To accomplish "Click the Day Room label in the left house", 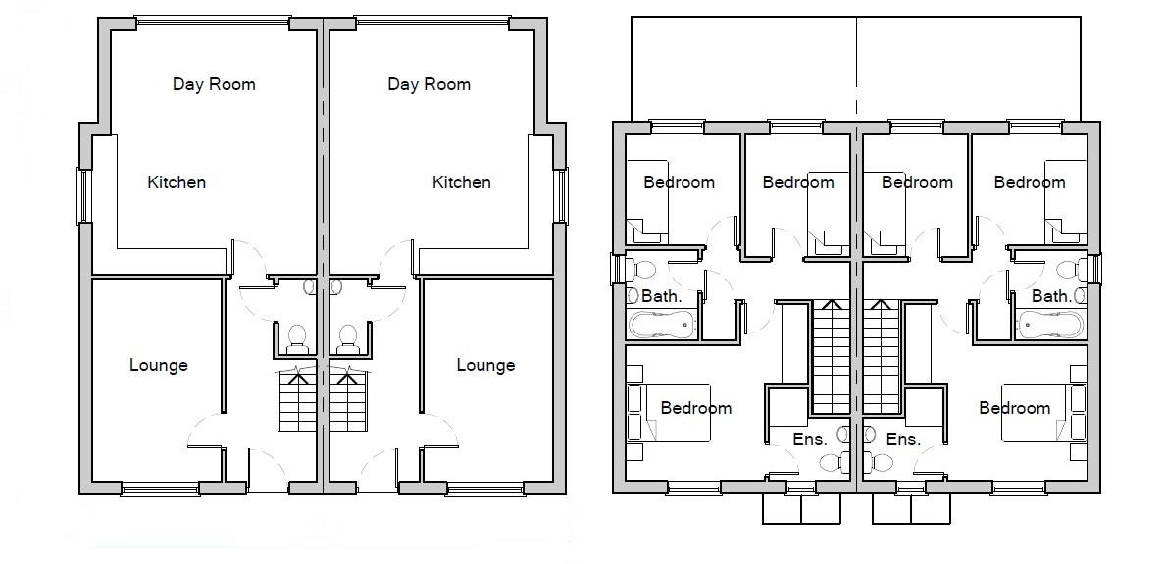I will pyautogui.click(x=214, y=84).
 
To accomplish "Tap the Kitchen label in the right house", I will pyautogui.click(x=461, y=182).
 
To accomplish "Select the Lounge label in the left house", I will pyautogui.click(x=158, y=365).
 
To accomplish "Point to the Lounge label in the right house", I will pyautogui.click(x=485, y=365).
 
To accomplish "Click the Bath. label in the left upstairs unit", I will pyautogui.click(x=660, y=295).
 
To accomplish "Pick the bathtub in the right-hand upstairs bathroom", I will pyautogui.click(x=1049, y=325).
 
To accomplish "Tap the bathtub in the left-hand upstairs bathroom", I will pyautogui.click(x=662, y=325).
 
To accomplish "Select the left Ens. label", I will pyautogui.click(x=809, y=439).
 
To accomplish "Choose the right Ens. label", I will pyautogui.click(x=902, y=439).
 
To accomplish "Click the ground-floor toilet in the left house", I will pyautogui.click(x=297, y=338).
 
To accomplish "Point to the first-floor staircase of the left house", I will pyautogui.click(x=831, y=357).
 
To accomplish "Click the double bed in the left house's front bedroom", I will pyautogui.click(x=677, y=412).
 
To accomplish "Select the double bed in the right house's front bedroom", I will pyautogui.click(x=1035, y=412).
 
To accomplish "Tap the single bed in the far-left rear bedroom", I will pyautogui.click(x=647, y=201).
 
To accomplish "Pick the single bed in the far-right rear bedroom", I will pyautogui.click(x=1065, y=201).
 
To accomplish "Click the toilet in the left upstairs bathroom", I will pyautogui.click(x=642, y=268).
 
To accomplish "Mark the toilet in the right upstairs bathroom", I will pyautogui.click(x=1070, y=268).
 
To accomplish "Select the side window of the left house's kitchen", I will pyautogui.click(x=84, y=195).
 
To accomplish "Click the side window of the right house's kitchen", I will pyautogui.click(x=562, y=195).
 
